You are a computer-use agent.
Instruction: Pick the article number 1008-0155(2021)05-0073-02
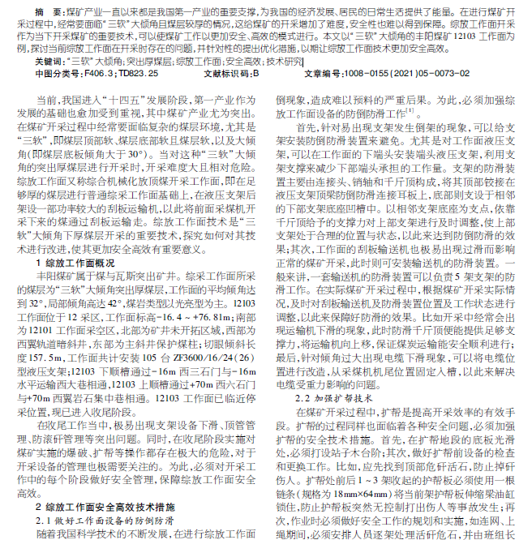[x=389, y=73]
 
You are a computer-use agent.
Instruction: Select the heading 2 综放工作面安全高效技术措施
[x=106, y=505]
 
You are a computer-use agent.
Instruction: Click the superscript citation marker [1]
[x=409, y=109]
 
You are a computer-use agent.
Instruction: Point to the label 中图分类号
[x=60, y=73]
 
